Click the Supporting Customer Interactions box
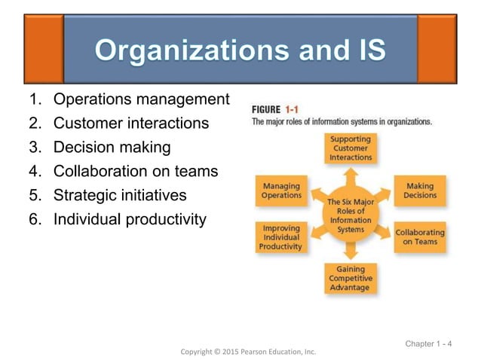[x=351, y=148]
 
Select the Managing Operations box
[x=281, y=191]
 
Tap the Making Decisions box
[x=420, y=191]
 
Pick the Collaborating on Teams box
[x=420, y=237]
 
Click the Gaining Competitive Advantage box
[x=350, y=278]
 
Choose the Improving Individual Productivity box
[x=280, y=237]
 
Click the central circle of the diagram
[x=351, y=214]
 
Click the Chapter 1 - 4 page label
[x=428, y=344]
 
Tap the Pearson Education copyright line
[x=248, y=351]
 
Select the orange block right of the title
[x=437, y=49]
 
